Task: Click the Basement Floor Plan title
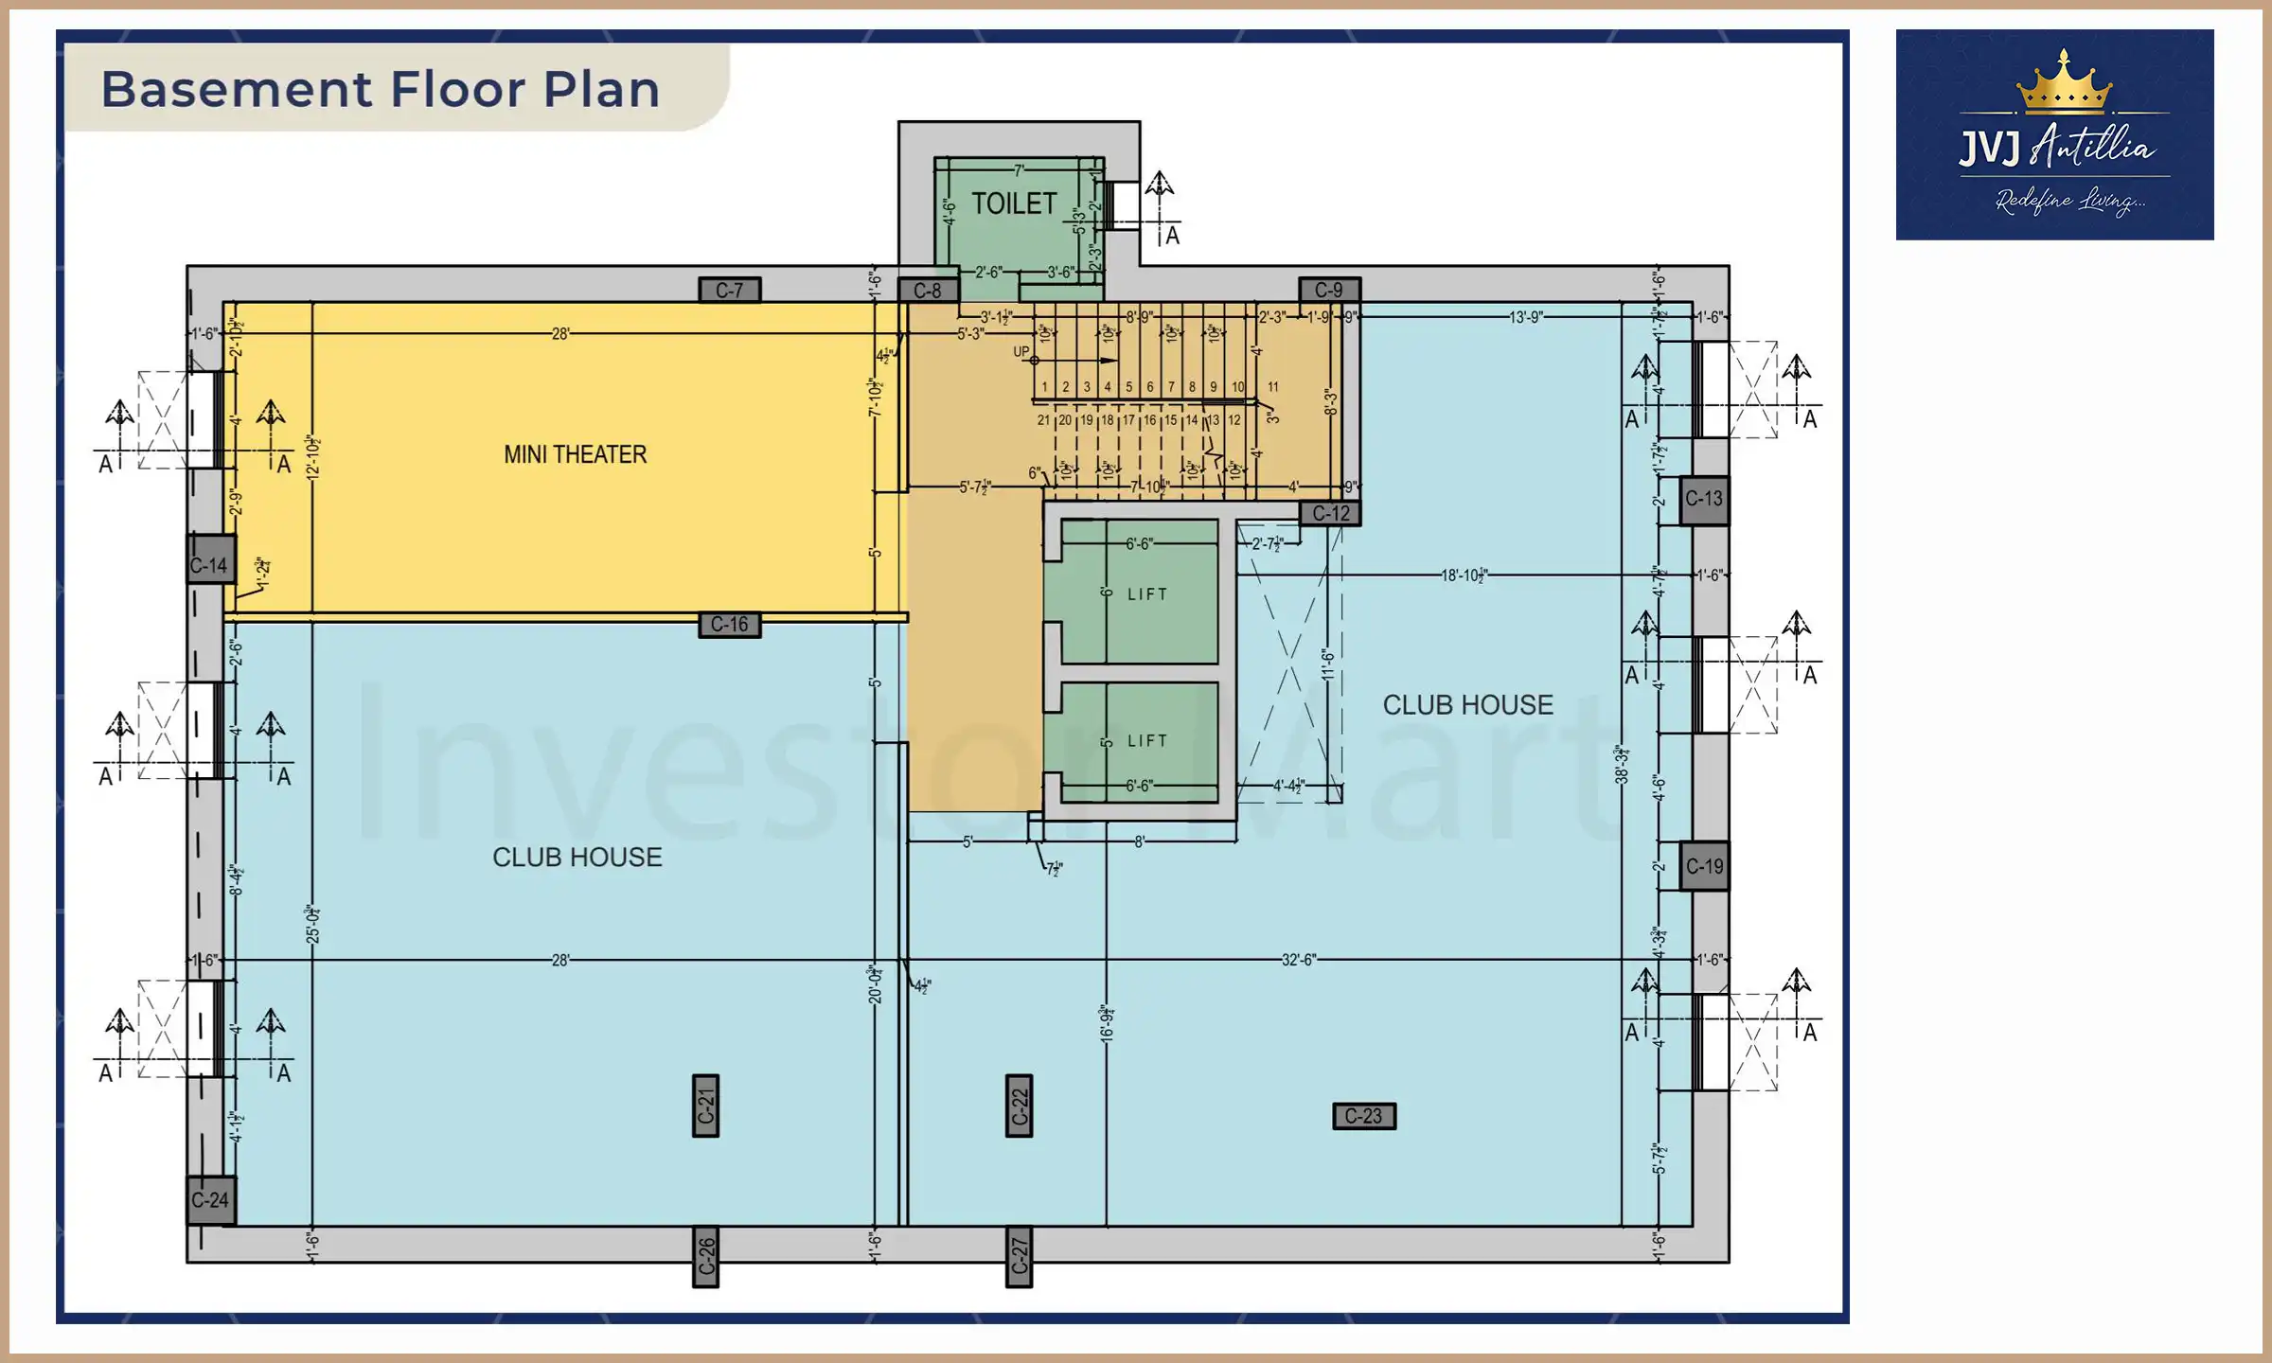click(381, 89)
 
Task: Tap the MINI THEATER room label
click(575, 454)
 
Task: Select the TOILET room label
click(1014, 204)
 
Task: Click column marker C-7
click(729, 291)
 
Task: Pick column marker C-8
click(928, 291)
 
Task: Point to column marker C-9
click(1328, 290)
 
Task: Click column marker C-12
click(1331, 513)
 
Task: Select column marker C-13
click(1704, 499)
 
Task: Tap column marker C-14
click(209, 565)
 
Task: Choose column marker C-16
click(729, 625)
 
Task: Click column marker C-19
click(1704, 866)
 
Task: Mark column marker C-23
click(1363, 1116)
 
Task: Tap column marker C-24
click(210, 1200)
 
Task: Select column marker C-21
click(706, 1106)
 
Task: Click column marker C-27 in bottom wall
click(1019, 1256)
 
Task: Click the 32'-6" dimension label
click(1298, 960)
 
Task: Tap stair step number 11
click(1273, 387)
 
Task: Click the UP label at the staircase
click(1021, 351)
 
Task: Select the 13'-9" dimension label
click(1525, 317)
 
